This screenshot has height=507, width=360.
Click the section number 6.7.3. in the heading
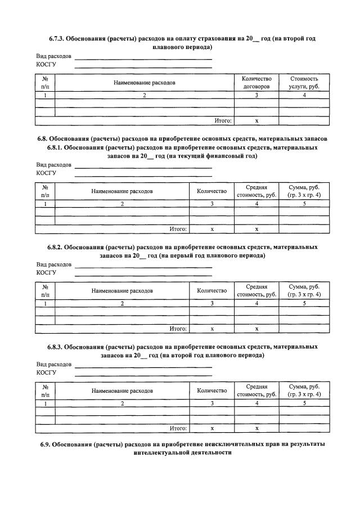click(x=56, y=39)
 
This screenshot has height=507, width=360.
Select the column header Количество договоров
click(x=256, y=83)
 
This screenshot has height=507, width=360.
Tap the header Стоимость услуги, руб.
click(x=304, y=83)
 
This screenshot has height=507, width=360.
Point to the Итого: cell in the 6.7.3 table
click(x=224, y=120)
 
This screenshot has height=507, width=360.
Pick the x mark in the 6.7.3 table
click(x=256, y=120)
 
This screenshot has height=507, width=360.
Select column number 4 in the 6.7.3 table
click(x=304, y=96)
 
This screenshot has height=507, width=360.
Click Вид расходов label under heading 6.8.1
click(x=54, y=165)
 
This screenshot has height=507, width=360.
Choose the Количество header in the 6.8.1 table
click(x=211, y=191)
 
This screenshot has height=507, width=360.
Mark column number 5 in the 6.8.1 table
click(x=304, y=204)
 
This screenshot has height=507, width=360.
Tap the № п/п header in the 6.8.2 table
click(x=45, y=290)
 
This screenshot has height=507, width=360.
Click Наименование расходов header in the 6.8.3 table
click(x=122, y=391)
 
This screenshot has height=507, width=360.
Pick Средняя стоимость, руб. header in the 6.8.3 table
click(x=256, y=391)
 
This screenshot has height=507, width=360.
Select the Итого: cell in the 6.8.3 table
click(x=178, y=428)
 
